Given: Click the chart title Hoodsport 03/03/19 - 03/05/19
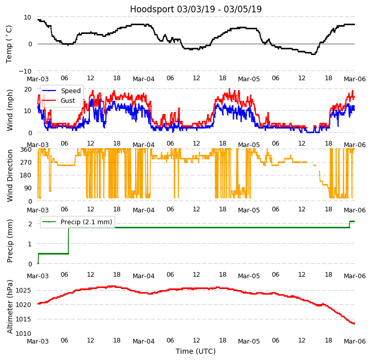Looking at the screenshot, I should [196, 9].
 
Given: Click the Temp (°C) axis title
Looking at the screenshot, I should [9, 44].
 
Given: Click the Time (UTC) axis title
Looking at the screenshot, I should [196, 352].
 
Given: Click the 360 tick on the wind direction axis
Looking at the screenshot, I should [26, 150].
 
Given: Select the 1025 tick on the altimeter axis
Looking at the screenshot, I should [24, 291].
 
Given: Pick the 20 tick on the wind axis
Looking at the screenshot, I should [28, 89].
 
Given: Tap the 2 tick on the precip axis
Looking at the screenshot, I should [30, 224].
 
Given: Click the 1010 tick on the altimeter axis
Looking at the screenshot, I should [24, 334].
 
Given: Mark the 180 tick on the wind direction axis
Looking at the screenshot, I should [26, 175].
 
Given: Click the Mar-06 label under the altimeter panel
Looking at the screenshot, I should [355, 341].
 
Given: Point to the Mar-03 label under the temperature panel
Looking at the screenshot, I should [38, 79].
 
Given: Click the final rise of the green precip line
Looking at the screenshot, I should [350, 224].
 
